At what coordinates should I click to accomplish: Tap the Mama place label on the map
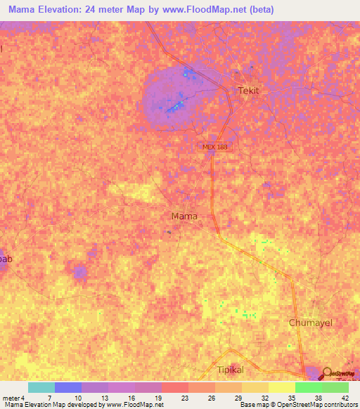pos(184,216)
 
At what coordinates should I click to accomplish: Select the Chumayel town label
pos(310,323)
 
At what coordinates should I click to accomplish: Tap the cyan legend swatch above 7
pos(41,387)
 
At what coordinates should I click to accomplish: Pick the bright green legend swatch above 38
pos(308,387)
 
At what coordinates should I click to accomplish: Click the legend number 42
pos(345,397)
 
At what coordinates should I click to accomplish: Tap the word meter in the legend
pos(11,397)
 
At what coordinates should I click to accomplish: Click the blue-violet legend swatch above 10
pos(68,387)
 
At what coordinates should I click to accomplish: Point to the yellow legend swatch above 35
pos(281,387)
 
